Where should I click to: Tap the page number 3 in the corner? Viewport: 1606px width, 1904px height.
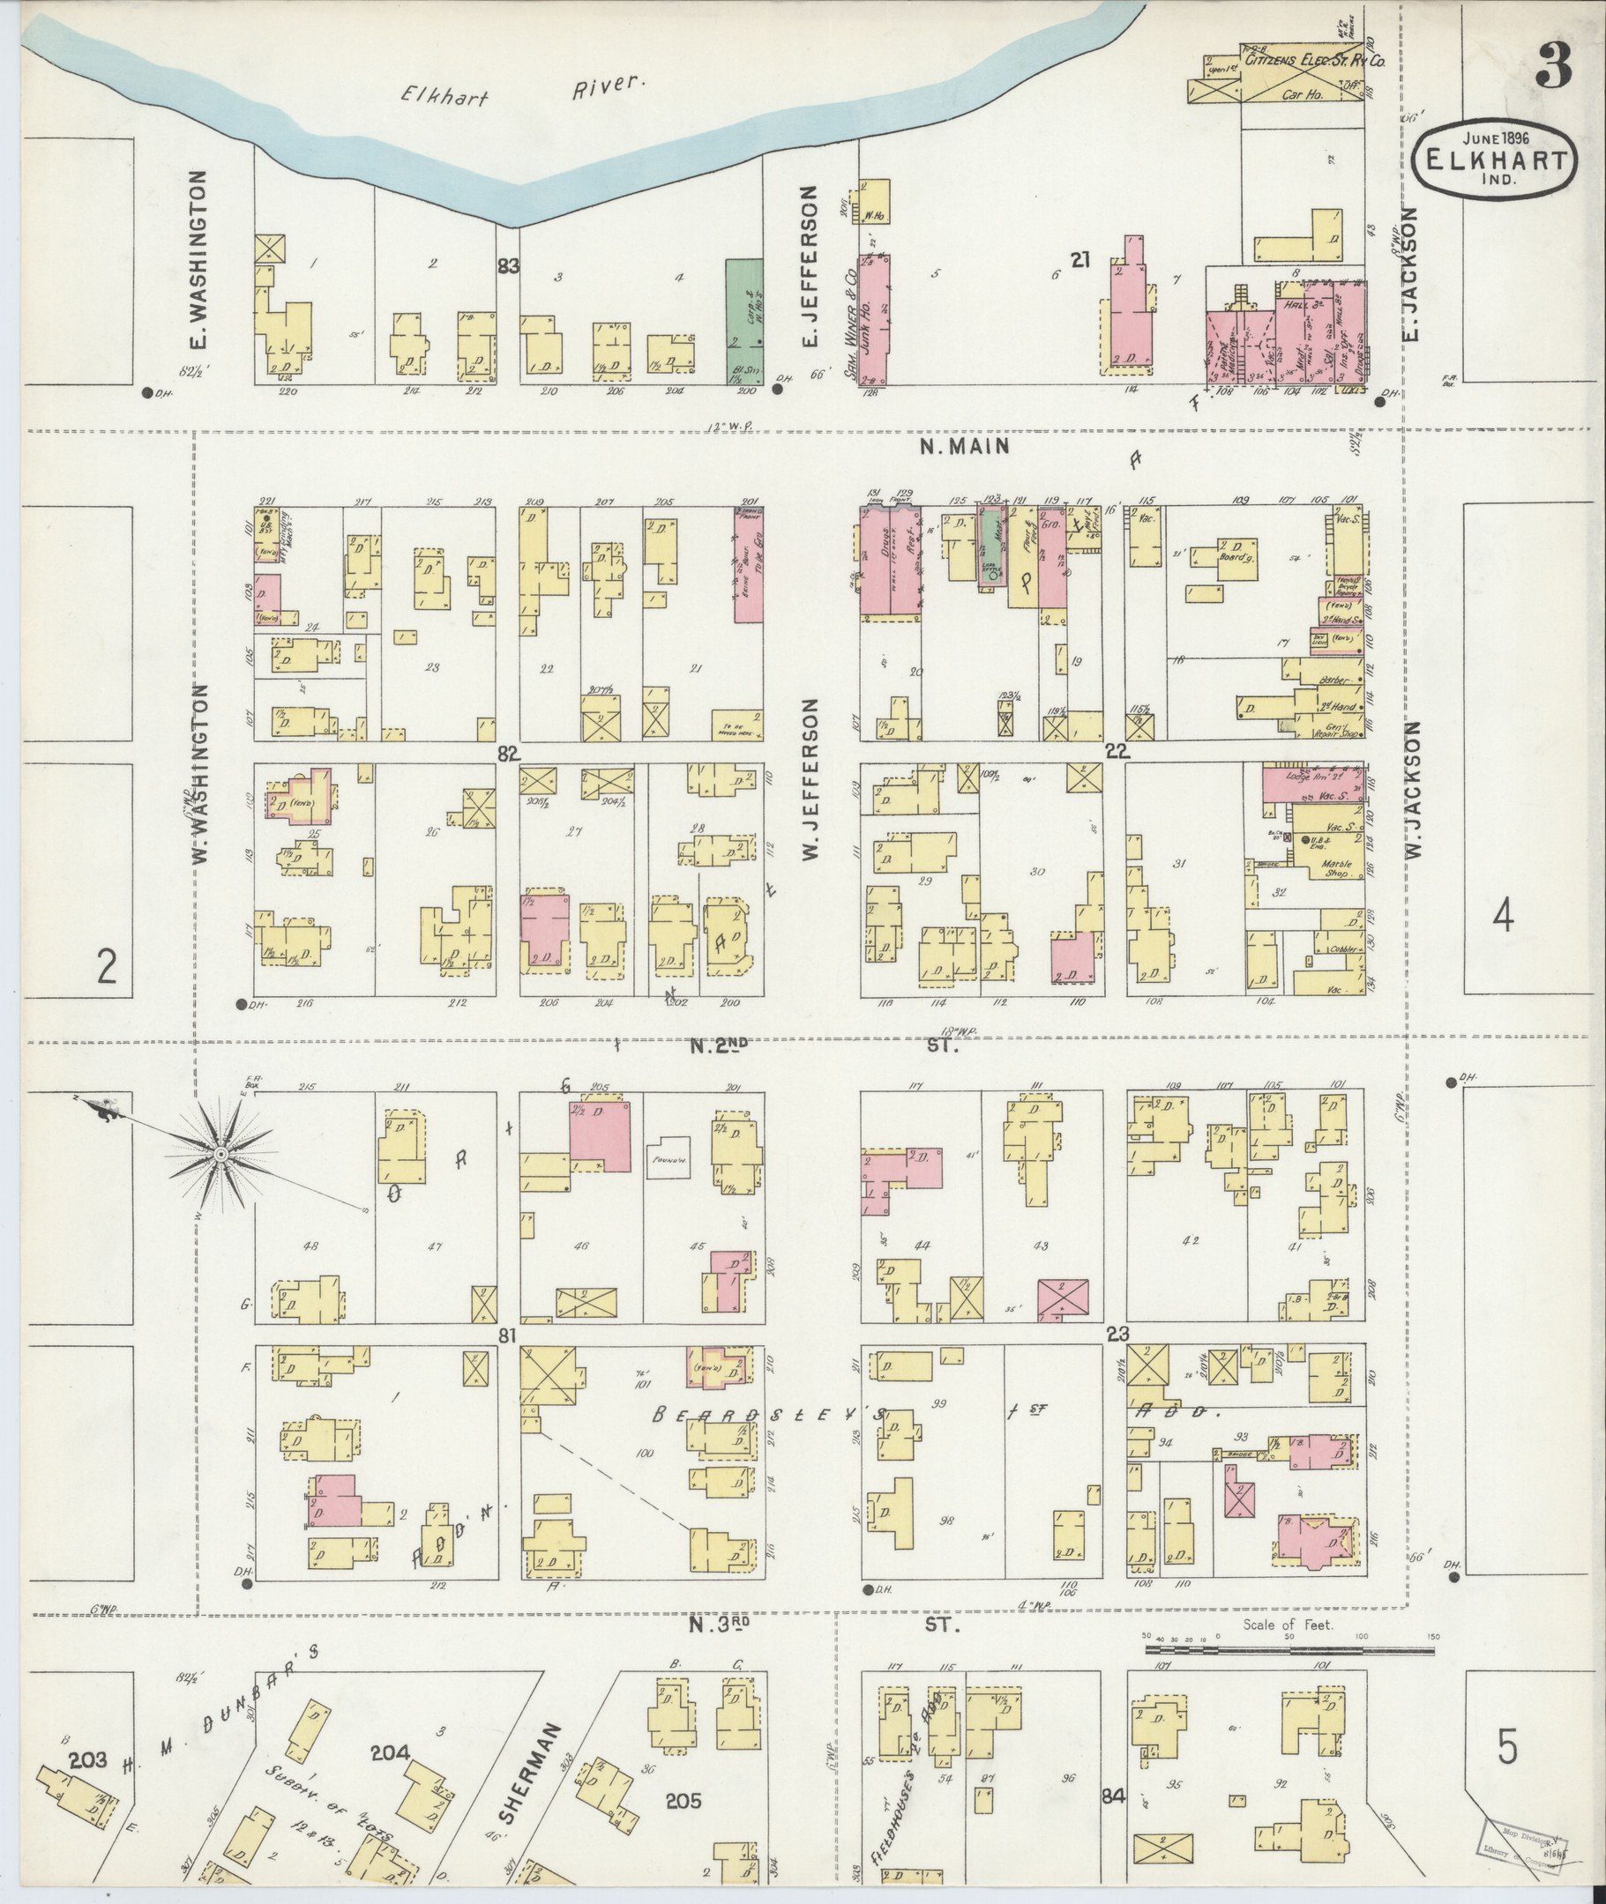1553,65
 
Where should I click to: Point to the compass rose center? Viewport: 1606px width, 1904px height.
220,1155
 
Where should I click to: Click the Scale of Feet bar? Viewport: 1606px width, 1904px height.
1289,1648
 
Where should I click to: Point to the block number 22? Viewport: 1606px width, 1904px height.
1117,751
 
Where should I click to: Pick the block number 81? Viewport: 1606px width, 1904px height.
508,1335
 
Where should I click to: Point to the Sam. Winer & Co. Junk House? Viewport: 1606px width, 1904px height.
876,318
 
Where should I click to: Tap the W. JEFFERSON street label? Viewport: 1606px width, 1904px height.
810,778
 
